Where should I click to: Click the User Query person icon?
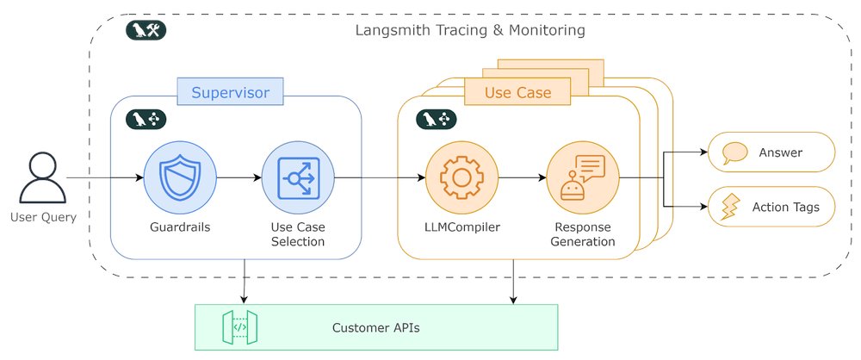42,178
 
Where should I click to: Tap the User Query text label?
43,217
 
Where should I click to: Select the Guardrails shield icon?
179,178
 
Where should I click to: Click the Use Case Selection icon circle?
297,178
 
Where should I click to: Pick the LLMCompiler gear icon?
461,178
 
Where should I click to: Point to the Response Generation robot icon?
583,178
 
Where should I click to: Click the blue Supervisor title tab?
230,92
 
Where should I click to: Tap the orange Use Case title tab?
517,92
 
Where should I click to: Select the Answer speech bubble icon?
734,153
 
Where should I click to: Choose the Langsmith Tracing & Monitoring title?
470,31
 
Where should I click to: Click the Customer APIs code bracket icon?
240,327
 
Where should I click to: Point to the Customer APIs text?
376,328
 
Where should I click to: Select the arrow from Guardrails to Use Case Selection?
238,178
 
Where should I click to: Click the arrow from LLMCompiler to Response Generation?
523,178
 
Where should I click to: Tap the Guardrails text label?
179,227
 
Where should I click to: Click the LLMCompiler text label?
461,227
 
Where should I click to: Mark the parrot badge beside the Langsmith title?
145,31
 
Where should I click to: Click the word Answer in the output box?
780,153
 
